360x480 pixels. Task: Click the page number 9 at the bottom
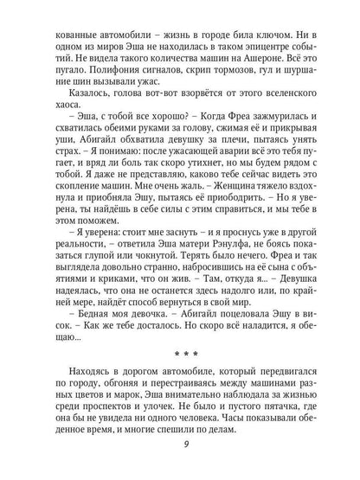(x=180, y=445)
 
